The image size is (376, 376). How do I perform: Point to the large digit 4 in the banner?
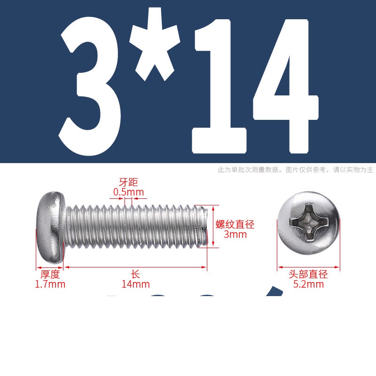click(285, 86)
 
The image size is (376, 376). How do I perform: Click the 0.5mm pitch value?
click(128, 192)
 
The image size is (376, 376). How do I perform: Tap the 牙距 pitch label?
click(128, 182)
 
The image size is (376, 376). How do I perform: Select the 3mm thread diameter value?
click(235, 234)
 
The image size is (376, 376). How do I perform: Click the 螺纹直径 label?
click(235, 225)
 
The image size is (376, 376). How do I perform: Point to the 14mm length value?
click(136, 284)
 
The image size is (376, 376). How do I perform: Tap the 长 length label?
click(135, 274)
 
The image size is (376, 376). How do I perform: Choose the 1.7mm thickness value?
click(50, 284)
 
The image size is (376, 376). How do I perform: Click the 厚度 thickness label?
click(50, 274)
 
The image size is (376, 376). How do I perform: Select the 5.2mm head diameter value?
click(308, 284)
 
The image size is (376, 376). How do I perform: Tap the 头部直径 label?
click(308, 274)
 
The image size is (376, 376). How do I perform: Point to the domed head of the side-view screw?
click(51, 227)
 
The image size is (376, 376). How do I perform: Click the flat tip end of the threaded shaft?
click(204, 226)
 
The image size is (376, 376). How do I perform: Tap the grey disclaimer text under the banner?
click(296, 170)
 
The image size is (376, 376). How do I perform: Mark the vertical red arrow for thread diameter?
click(213, 227)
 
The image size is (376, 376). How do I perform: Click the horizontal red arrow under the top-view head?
click(309, 267)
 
